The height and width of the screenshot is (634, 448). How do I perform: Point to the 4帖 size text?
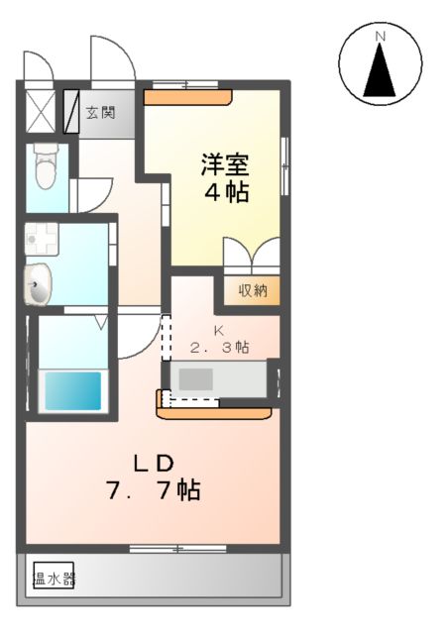226,191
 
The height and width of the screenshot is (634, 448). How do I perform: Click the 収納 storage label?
252,290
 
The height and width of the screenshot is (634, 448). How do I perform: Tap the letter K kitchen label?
221,330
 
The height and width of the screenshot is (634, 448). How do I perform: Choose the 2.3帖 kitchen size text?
220,348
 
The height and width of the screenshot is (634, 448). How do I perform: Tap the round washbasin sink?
38,287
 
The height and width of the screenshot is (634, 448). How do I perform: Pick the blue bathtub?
71,391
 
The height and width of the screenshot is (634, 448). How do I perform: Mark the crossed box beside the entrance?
41,111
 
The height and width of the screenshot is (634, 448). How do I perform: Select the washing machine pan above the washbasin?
43,239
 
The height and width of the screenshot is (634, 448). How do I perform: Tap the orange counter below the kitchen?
214,406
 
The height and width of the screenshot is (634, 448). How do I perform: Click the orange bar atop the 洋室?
188,97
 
